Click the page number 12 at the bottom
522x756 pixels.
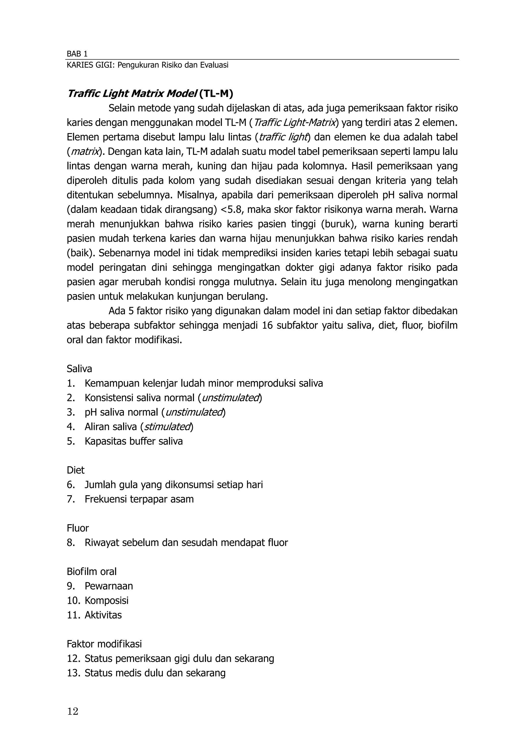73,711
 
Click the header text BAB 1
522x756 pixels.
77,54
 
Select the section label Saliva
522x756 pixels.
80,369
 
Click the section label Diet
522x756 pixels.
75,470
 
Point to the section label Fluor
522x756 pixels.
78,528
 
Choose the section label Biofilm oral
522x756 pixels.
92,571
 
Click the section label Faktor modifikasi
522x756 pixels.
104,644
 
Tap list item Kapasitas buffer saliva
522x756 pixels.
134,441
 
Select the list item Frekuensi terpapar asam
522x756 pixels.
139,499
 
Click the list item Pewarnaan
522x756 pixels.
109,586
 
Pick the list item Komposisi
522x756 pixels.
107,600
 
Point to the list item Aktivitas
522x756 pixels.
103,615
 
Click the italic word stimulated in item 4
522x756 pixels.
167,427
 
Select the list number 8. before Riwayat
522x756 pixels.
71,543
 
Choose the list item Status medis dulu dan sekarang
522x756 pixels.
155,673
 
